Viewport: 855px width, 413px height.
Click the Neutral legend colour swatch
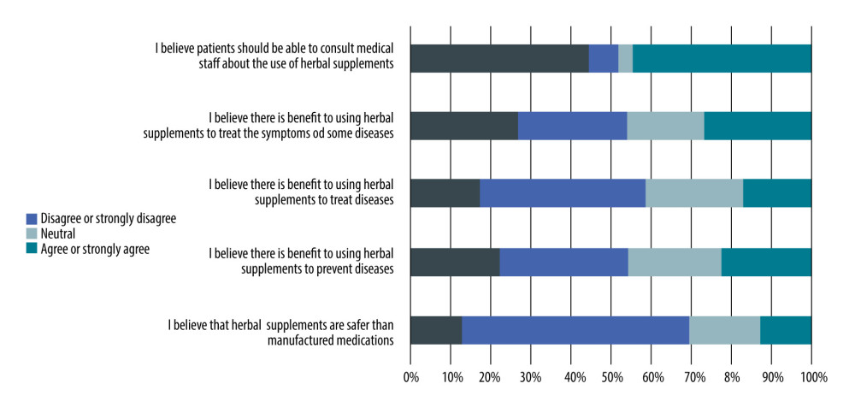point(32,234)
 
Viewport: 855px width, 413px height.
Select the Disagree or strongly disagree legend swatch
point(32,219)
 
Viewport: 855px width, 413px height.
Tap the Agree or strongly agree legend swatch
point(32,250)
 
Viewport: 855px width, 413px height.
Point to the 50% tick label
point(610,377)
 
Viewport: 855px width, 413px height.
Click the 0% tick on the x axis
point(410,377)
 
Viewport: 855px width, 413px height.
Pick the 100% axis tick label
point(811,377)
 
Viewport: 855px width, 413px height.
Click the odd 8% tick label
point(731,377)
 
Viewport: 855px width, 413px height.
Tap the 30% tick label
point(530,377)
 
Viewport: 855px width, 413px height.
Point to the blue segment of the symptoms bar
point(572,126)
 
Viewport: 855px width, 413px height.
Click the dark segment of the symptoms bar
point(464,126)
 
